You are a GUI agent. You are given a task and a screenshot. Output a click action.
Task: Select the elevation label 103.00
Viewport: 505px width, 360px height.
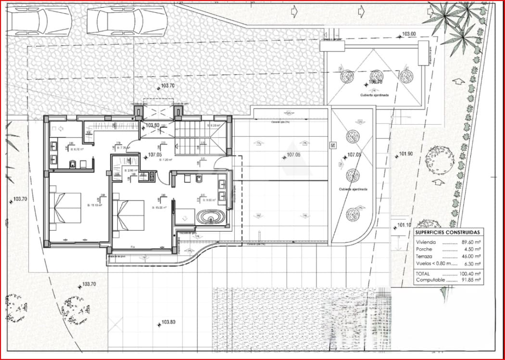408,34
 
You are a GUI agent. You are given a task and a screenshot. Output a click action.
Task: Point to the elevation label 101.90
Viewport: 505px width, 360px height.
406,154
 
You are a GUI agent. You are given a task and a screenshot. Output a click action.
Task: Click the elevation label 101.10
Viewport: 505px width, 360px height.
404,225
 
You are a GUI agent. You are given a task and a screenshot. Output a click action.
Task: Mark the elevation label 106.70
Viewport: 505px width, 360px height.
375,82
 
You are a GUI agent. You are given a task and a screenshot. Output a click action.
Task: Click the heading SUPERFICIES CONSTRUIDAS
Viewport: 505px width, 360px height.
447,232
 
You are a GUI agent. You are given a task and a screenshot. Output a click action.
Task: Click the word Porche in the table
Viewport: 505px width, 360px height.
424,250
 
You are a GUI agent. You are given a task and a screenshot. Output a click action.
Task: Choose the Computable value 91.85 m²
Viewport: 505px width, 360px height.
469,280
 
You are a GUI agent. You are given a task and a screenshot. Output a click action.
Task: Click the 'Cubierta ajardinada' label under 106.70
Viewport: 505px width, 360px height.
374,95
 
